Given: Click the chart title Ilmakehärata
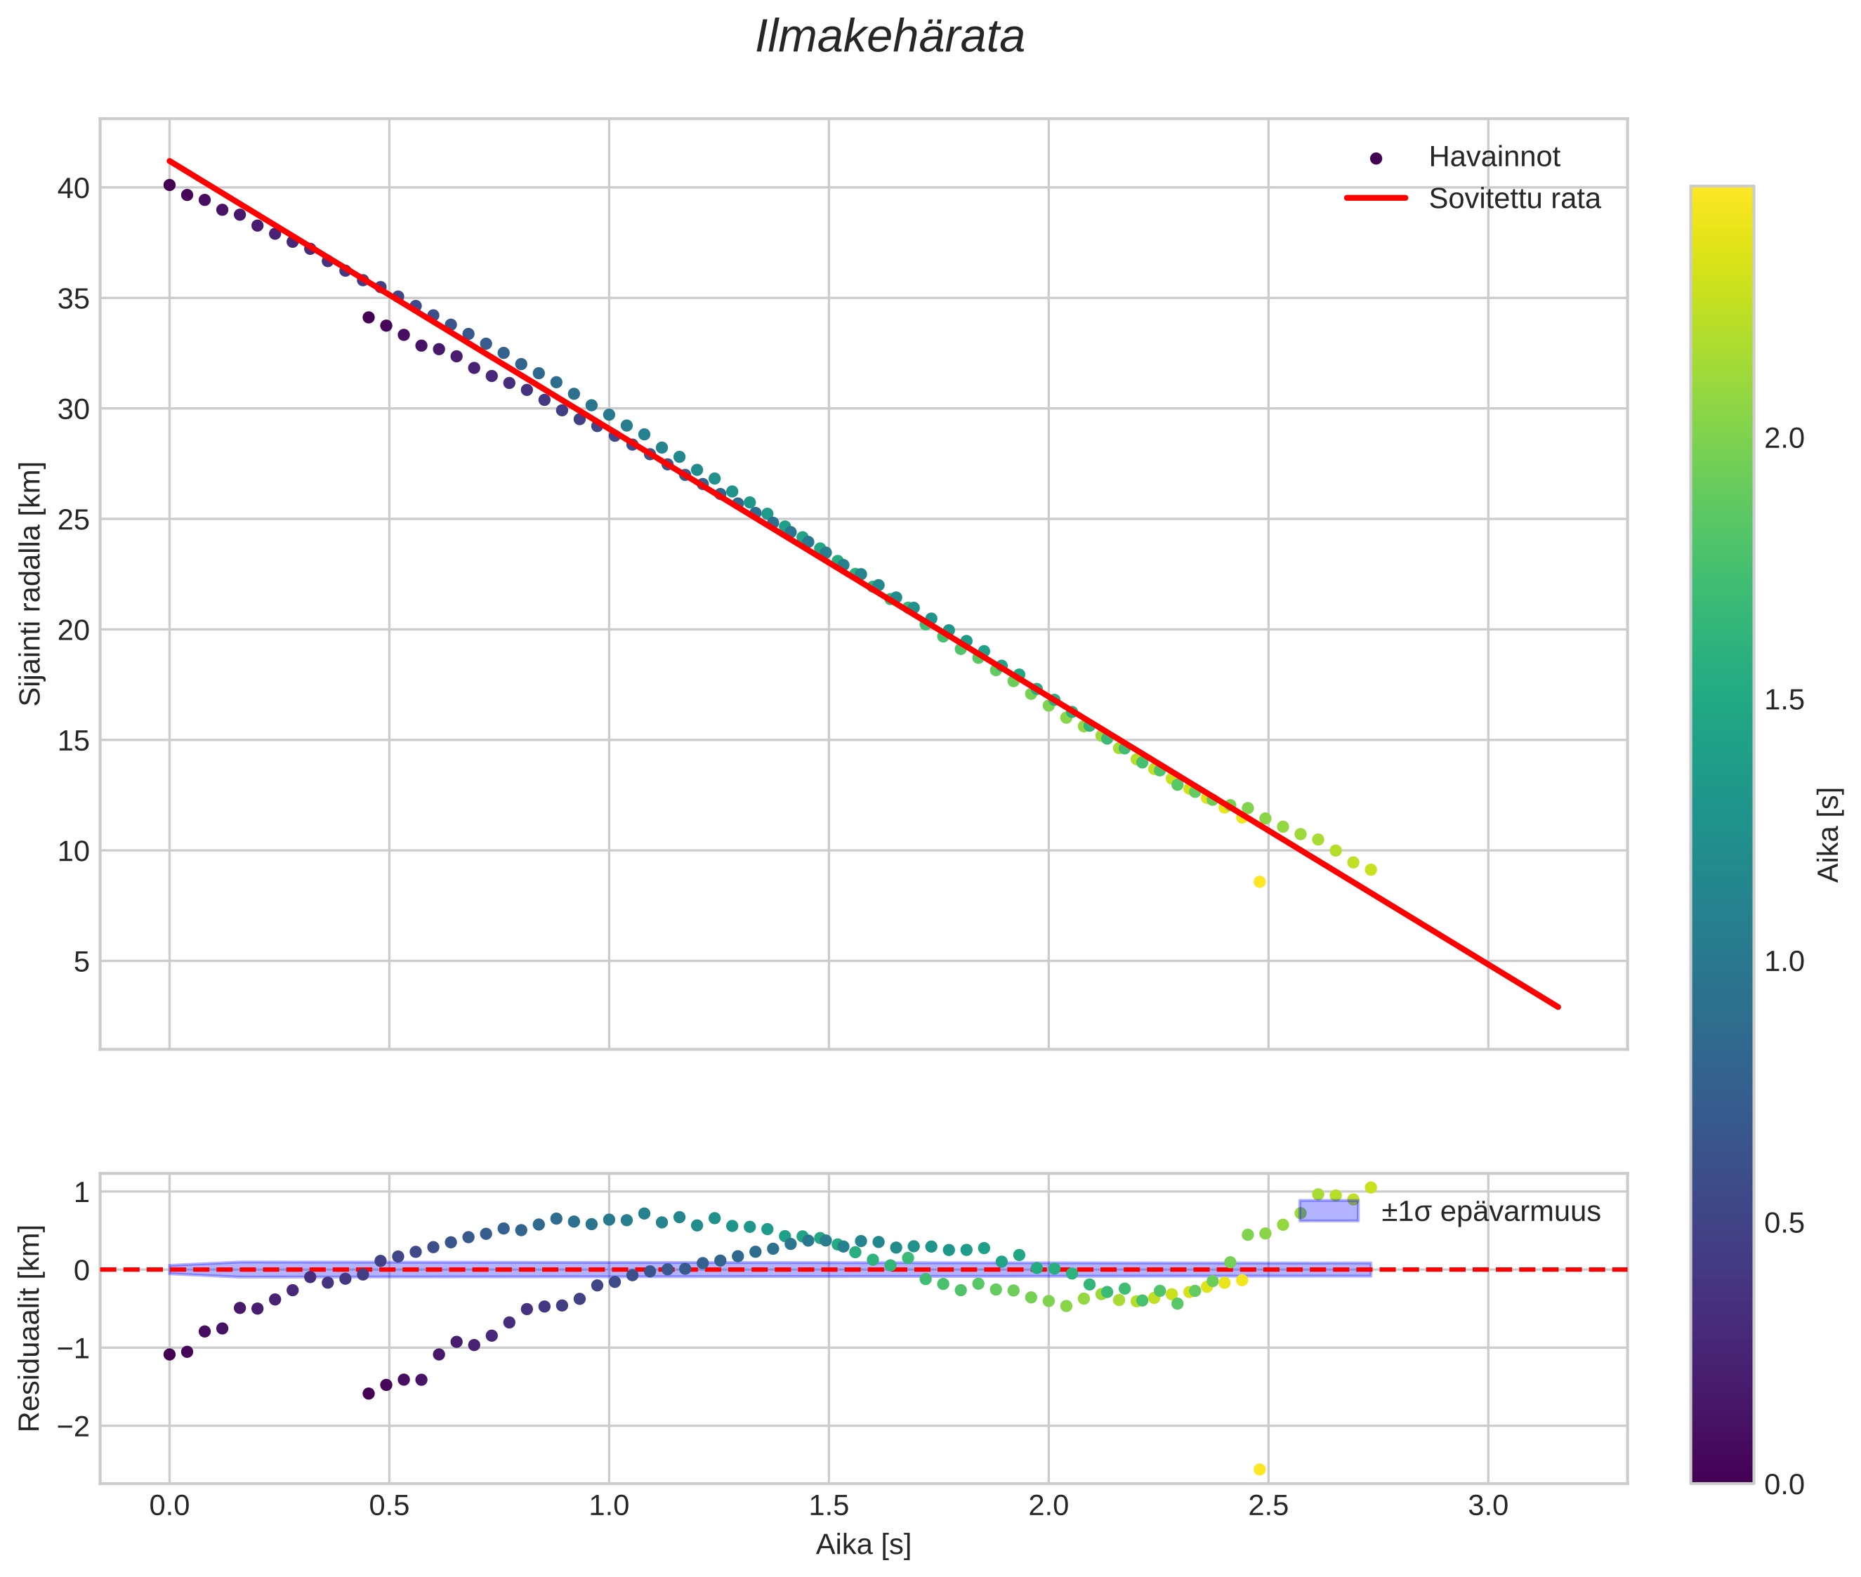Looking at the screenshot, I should point(889,37).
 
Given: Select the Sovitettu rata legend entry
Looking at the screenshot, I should point(1513,199).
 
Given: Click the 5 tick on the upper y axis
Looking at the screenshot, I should point(81,962).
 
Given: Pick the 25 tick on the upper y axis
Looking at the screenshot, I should point(73,520).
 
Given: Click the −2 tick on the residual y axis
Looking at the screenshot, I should point(72,1426).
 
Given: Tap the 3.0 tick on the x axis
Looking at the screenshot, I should point(1487,1506).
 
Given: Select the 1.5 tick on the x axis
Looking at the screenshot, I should point(828,1506).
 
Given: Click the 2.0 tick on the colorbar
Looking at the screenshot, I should point(1784,438).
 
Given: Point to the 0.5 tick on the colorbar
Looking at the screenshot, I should point(1784,1223).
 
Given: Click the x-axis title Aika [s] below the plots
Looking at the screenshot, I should point(863,1545).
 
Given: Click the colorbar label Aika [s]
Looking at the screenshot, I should point(1829,834).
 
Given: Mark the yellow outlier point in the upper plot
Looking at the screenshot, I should point(1259,881).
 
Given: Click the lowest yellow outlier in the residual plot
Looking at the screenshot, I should point(1259,1470).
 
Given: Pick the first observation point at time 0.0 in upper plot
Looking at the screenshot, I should point(169,185).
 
